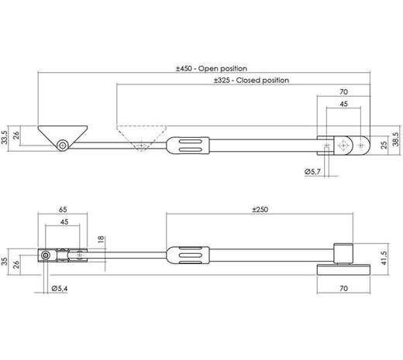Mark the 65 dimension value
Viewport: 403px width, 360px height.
[62, 210]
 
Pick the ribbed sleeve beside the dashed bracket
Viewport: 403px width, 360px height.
[187, 145]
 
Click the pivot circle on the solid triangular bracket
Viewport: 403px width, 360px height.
[60, 145]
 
